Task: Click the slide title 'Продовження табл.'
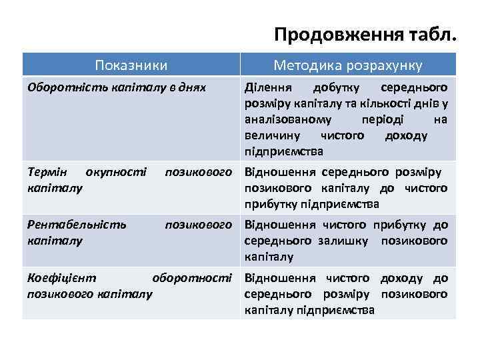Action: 366,34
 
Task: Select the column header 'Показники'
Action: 131,65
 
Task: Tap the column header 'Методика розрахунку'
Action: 347,65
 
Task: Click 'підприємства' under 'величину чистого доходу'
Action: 284,151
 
